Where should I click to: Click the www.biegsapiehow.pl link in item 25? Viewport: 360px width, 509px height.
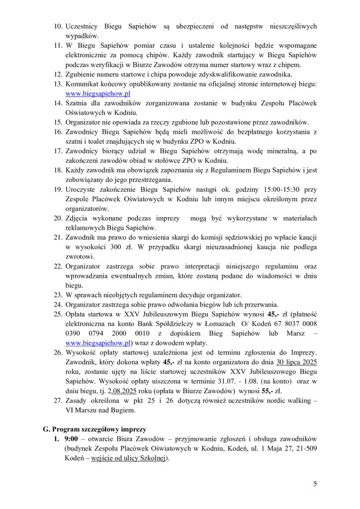click(x=98, y=342)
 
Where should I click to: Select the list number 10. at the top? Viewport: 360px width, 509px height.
click(x=57, y=26)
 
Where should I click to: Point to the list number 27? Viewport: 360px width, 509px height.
click(x=57, y=401)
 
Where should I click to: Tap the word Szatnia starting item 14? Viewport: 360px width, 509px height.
click(x=78, y=103)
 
